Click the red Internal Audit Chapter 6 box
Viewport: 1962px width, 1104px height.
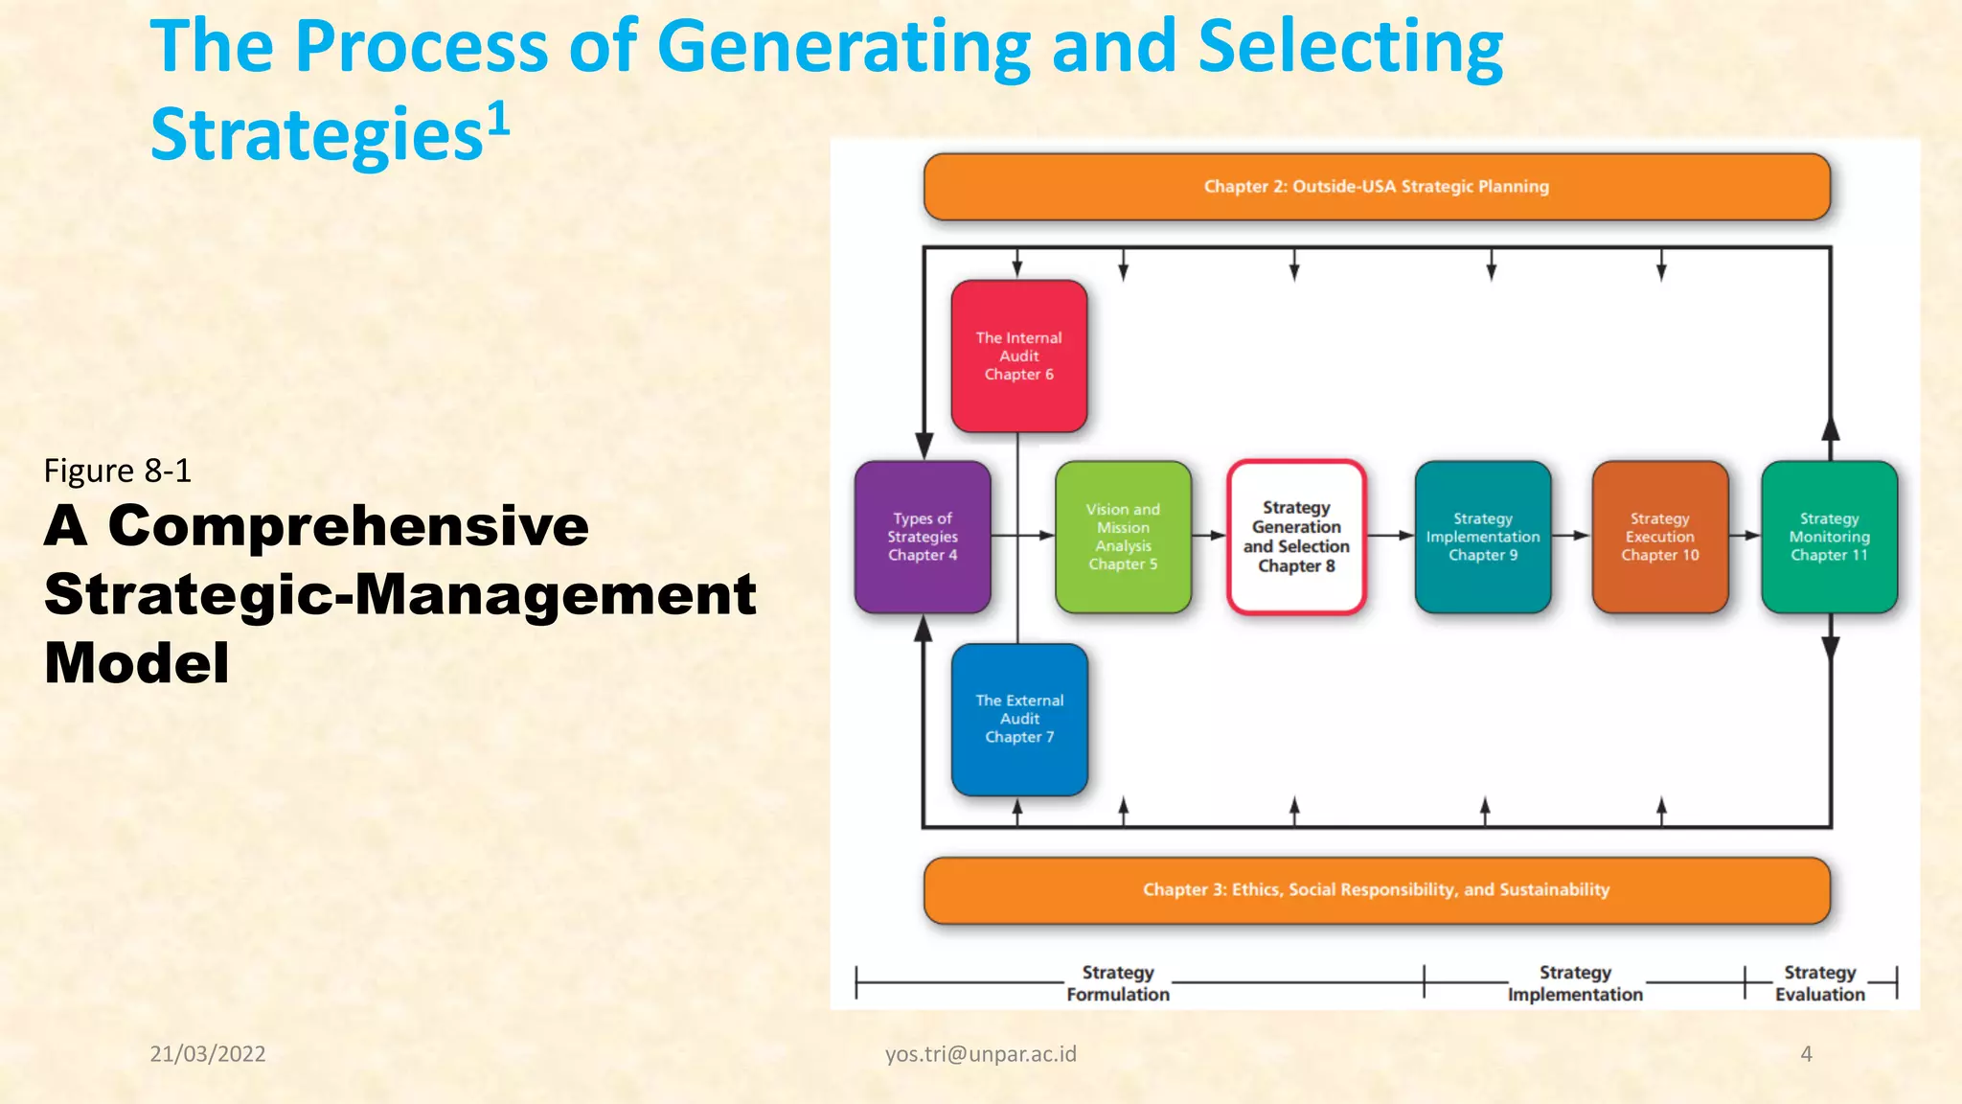click(1018, 356)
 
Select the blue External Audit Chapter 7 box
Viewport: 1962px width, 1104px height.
click(1019, 719)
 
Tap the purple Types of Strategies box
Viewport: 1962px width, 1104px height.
click(922, 537)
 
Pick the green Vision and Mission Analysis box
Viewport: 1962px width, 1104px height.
click(1123, 537)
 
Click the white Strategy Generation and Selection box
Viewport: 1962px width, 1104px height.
click(1296, 537)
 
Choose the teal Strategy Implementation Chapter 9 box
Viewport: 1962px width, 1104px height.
click(1482, 537)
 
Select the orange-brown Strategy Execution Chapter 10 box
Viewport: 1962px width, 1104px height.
click(1659, 537)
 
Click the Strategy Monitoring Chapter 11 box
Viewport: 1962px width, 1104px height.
click(1829, 537)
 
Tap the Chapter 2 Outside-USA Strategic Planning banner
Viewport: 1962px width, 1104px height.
click(1376, 187)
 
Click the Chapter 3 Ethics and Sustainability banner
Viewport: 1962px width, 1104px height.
click(1376, 890)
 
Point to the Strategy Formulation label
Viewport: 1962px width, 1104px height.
click(1118, 983)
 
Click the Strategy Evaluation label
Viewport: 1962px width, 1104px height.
click(1819, 983)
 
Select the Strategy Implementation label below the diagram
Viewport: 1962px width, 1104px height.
click(1575, 983)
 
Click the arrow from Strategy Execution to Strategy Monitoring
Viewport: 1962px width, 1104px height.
click(1745, 536)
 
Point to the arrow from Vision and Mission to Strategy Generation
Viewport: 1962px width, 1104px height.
click(1210, 536)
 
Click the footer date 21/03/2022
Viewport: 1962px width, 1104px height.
click(208, 1054)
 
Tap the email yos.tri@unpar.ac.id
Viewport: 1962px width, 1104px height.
click(980, 1054)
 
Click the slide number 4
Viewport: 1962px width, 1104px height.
click(1806, 1054)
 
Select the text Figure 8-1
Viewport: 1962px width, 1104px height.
click(118, 471)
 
